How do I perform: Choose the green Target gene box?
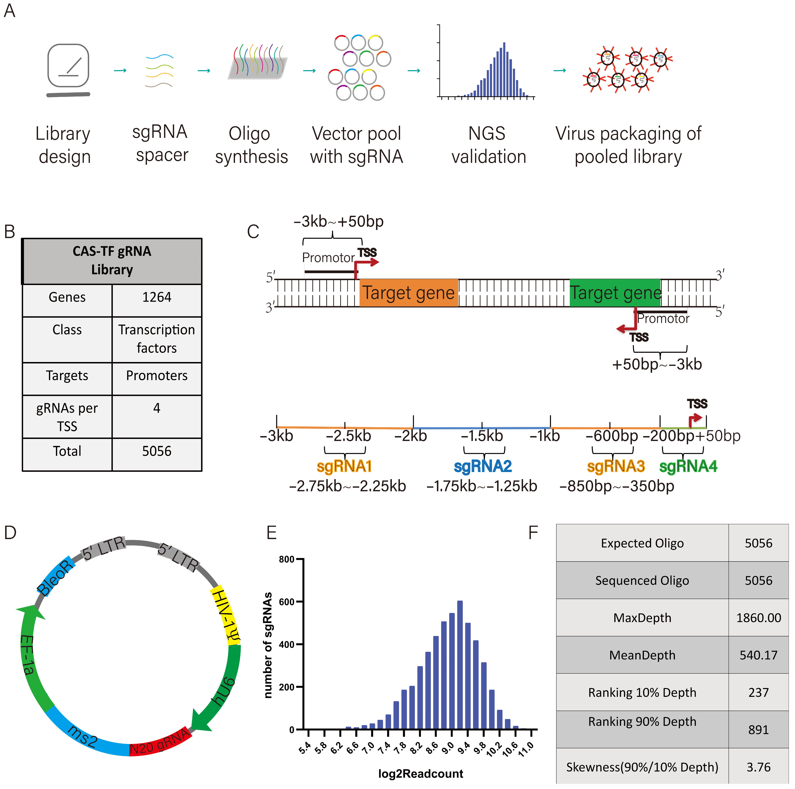pyautogui.click(x=615, y=293)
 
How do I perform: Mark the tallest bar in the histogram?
pyautogui.click(x=460, y=665)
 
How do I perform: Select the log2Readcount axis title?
pyautogui.click(x=421, y=774)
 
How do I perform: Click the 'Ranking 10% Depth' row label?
pyautogui.click(x=642, y=692)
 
